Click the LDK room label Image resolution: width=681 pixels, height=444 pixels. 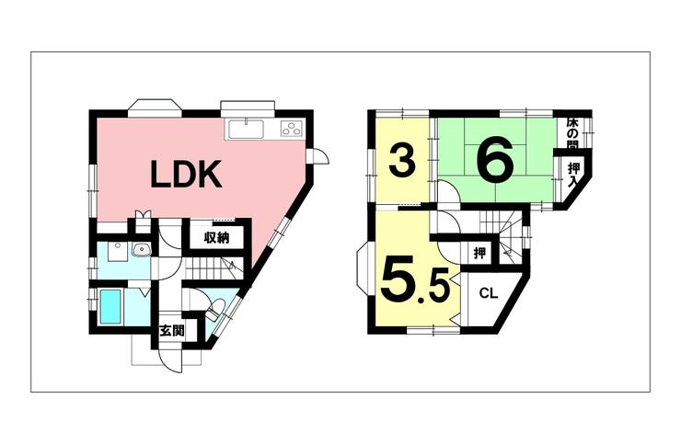point(186,174)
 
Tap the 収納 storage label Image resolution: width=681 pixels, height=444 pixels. point(216,237)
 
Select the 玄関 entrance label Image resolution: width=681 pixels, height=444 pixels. point(172,331)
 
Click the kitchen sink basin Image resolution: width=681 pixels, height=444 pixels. point(246,129)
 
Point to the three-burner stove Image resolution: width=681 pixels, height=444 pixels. point(292,128)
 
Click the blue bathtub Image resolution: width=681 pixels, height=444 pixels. point(110,307)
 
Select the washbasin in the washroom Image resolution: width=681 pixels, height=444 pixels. point(141,249)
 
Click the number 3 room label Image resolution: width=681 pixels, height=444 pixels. point(401,161)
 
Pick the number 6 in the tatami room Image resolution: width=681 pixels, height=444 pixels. point(495,159)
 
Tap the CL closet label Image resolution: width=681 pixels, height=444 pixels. point(488,294)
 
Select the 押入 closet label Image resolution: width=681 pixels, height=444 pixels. point(574,174)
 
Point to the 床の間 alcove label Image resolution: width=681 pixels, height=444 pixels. point(572,133)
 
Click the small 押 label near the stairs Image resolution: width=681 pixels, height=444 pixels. point(479,253)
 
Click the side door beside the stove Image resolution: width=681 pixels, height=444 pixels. point(320,155)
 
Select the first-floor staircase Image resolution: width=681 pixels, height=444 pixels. point(212,269)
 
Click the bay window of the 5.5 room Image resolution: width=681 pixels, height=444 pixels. point(363,268)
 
